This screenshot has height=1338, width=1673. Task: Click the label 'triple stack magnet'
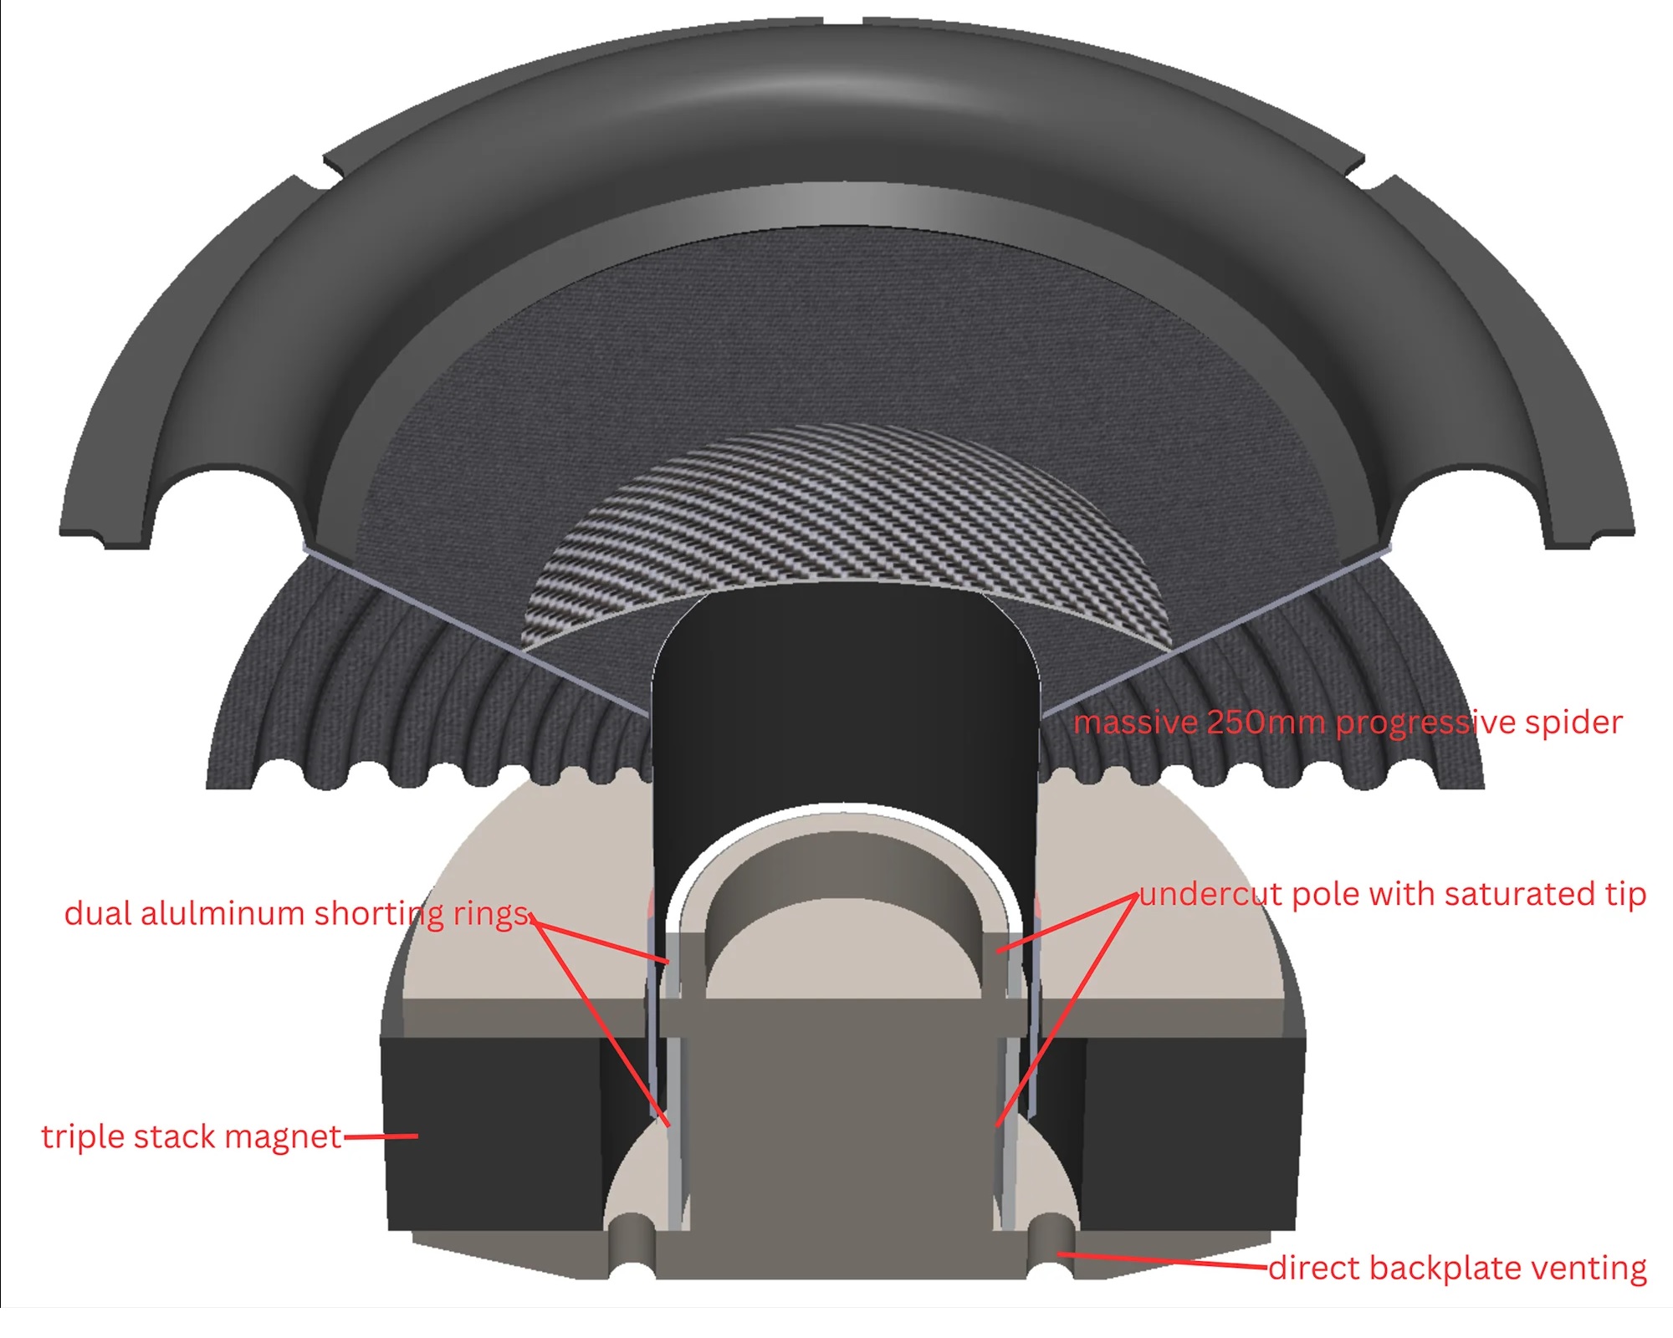tap(192, 1137)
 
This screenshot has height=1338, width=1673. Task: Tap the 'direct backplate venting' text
tap(1458, 1269)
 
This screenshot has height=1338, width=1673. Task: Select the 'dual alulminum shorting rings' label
tap(298, 914)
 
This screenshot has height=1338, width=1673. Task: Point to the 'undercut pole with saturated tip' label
tap(1393, 895)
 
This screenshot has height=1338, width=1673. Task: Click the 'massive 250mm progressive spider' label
tap(1348, 723)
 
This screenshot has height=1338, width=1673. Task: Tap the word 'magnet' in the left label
tap(283, 1138)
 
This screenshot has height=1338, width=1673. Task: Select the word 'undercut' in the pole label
tap(1211, 894)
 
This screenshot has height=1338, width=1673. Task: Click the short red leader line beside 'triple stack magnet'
tap(381, 1136)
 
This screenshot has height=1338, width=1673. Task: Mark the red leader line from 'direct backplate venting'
tap(1163, 1260)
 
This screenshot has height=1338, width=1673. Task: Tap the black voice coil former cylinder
tap(846, 711)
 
